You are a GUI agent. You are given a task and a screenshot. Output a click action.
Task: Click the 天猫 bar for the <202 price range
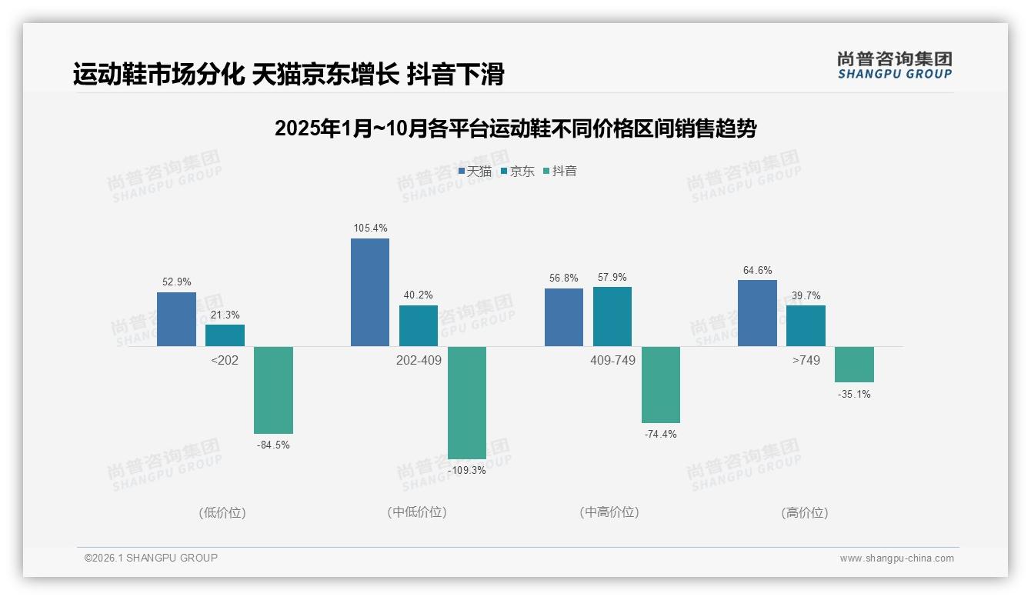[176, 319]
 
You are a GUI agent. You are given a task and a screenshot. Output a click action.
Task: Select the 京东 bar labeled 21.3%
[225, 335]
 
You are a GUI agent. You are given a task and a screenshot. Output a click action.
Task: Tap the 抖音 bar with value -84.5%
[273, 390]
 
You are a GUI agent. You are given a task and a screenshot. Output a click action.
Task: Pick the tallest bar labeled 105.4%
[370, 292]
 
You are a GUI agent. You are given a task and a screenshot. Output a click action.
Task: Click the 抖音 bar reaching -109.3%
[467, 402]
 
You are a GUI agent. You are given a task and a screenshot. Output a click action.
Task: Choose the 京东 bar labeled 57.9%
[612, 316]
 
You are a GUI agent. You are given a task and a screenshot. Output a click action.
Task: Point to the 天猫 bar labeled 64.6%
[757, 313]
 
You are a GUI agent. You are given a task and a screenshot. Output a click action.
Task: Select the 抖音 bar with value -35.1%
[854, 364]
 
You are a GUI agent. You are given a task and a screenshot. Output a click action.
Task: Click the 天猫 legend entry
[475, 172]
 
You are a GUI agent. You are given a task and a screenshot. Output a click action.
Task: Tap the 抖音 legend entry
[560, 172]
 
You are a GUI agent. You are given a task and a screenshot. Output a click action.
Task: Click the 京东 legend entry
[517, 172]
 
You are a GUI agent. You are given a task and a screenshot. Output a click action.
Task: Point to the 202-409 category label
[419, 360]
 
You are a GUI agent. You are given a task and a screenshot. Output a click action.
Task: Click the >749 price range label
[806, 360]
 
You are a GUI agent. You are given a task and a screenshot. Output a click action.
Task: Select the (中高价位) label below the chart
[609, 512]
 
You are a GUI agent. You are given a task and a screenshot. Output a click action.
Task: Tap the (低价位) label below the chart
[222, 512]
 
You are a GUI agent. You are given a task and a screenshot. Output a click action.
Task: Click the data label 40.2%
[419, 295]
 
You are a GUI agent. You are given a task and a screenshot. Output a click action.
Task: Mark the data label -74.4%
[660, 434]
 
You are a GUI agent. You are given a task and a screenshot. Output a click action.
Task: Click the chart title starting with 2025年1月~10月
[515, 128]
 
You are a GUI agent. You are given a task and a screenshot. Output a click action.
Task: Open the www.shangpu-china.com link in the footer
[896, 558]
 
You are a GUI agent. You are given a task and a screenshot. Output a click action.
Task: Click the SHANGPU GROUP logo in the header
[895, 65]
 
